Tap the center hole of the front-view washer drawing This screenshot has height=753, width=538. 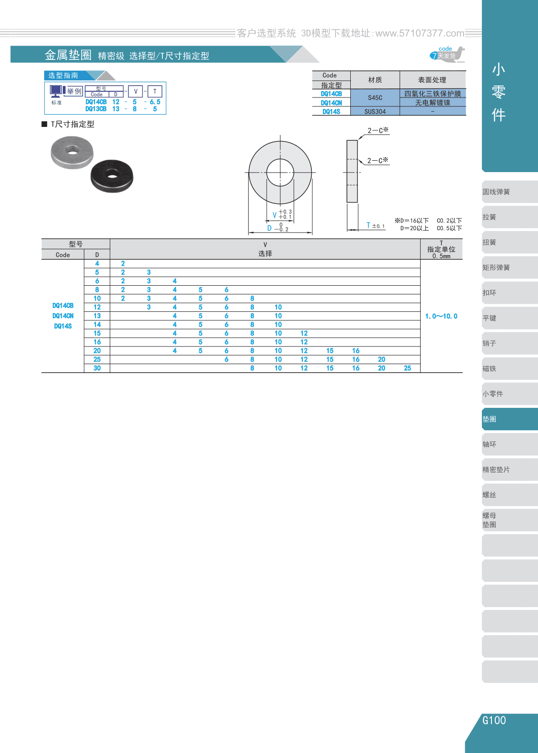tap(280, 173)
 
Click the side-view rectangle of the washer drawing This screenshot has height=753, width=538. tap(352, 171)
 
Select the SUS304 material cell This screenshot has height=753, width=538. tap(375, 111)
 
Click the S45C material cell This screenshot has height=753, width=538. tap(375, 98)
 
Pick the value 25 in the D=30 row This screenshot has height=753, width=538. tap(407, 368)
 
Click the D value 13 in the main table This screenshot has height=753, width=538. tap(97, 316)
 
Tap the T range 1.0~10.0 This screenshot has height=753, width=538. tap(441, 316)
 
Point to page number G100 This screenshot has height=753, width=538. tap(494, 720)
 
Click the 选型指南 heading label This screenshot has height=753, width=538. tap(63, 75)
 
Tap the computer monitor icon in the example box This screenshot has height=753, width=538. tap(56, 91)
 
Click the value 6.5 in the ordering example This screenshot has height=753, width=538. tap(155, 102)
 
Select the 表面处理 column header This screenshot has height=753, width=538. tap(432, 80)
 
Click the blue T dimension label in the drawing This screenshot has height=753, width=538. tap(368, 225)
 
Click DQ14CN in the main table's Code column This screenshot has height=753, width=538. tap(63, 316)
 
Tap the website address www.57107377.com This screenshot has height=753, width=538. tap(420, 33)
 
